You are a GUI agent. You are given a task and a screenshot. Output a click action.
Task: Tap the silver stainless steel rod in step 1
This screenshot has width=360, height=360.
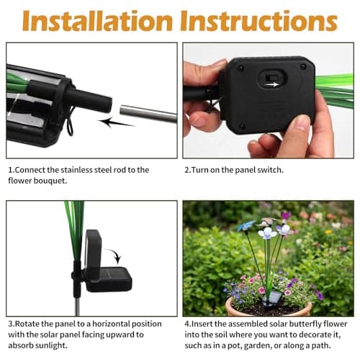pyautogui.click(x=147, y=113)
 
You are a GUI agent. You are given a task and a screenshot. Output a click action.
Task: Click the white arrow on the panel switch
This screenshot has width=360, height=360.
pyautogui.click(x=272, y=84)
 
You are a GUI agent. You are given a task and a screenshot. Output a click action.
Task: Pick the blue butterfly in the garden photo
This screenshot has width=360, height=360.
pyautogui.click(x=247, y=225)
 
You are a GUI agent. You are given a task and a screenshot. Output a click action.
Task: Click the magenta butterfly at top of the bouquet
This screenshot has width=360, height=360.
pyautogui.click(x=286, y=215)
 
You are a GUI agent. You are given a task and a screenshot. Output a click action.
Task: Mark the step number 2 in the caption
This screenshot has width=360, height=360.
pyautogui.click(x=186, y=170)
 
